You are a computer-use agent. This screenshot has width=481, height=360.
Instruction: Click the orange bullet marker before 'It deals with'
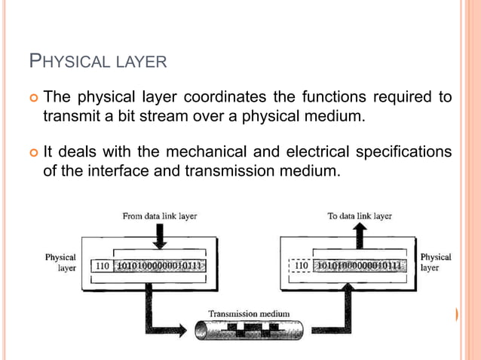tap(32, 153)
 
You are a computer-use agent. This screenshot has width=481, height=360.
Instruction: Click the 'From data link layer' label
tap(159, 216)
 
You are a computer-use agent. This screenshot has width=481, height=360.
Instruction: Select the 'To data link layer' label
tap(359, 216)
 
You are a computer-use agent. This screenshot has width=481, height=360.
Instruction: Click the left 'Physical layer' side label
tap(60, 262)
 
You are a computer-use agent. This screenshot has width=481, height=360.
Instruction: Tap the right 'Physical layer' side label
tap(435, 262)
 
